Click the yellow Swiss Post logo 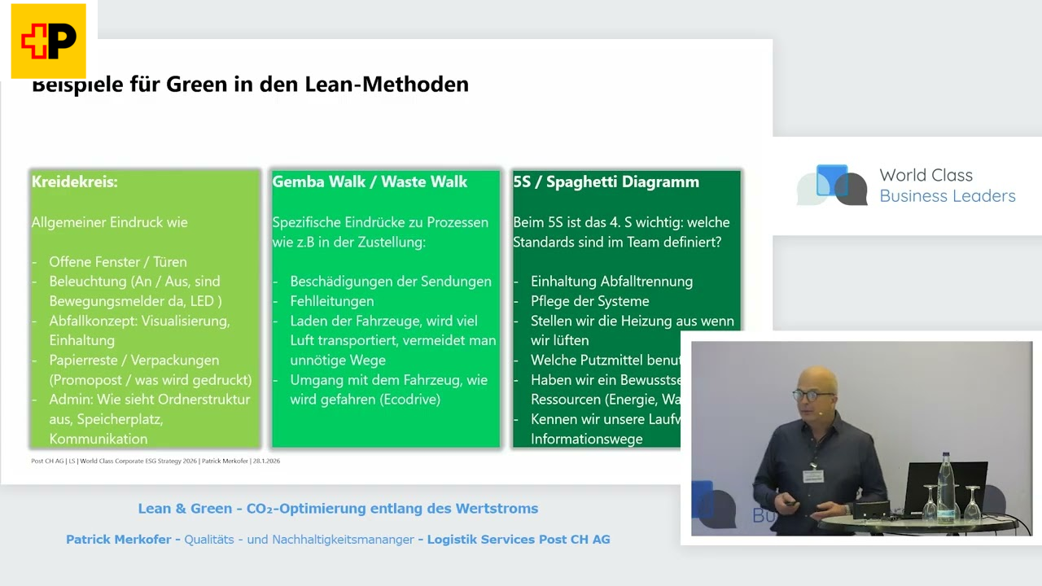[x=48, y=41]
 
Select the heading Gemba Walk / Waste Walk [x=370, y=181]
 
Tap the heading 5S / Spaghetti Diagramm [x=606, y=181]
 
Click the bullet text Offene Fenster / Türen [x=118, y=261]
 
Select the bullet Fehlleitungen [x=332, y=301]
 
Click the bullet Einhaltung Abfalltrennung [x=611, y=282]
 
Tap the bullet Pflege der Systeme [x=589, y=301]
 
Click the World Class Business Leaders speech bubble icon [x=832, y=185]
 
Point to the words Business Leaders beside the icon [x=948, y=196]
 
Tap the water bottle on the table [x=946, y=485]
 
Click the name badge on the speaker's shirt [x=812, y=475]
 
